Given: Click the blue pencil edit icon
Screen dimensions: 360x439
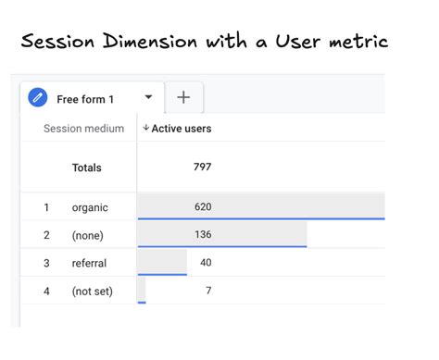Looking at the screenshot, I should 38,98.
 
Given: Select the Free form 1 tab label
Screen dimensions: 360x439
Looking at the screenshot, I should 86,99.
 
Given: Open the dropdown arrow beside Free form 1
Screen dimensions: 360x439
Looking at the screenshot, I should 148,97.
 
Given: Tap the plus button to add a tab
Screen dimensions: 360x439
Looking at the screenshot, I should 183,97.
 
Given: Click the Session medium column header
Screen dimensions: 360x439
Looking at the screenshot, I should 83,129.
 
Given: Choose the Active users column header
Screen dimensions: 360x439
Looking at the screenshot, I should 181,129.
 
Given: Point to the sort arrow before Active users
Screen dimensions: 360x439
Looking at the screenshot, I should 145,129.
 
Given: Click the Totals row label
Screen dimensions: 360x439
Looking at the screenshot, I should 87,168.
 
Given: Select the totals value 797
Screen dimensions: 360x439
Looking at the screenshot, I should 202,168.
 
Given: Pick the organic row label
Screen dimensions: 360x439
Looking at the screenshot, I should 90,207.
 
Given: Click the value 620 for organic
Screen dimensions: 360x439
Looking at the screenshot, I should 203,206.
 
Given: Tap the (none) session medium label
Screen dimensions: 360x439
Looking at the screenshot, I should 88,234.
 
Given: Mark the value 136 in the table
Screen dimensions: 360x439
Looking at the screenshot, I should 203,234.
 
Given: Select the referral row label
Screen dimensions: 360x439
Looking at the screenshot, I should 89,263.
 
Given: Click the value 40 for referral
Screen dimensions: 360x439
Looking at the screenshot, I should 206,263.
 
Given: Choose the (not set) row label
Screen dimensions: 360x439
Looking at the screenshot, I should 92,292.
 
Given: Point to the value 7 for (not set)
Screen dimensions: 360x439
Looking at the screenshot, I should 209,292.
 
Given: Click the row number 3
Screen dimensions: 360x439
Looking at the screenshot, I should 46,263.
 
